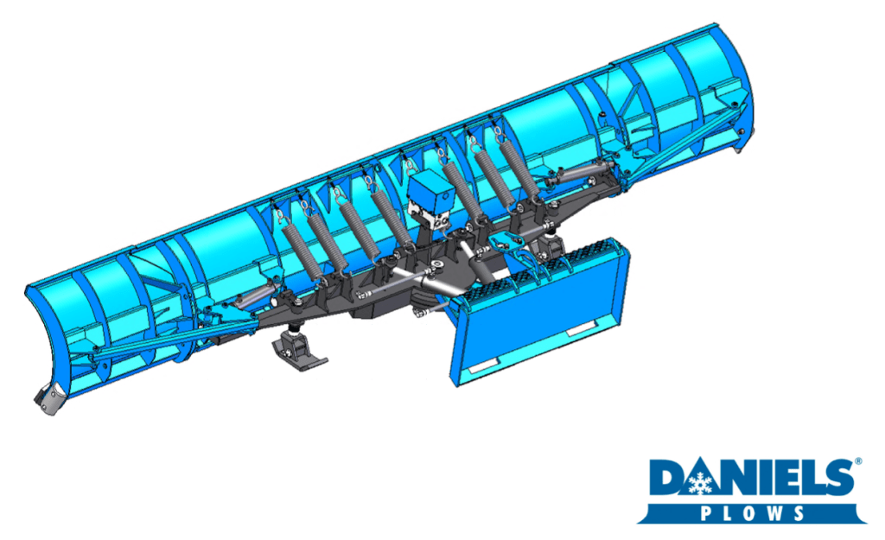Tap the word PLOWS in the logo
[752, 513]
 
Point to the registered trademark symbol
[858, 461]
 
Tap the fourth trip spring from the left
[391, 215]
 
